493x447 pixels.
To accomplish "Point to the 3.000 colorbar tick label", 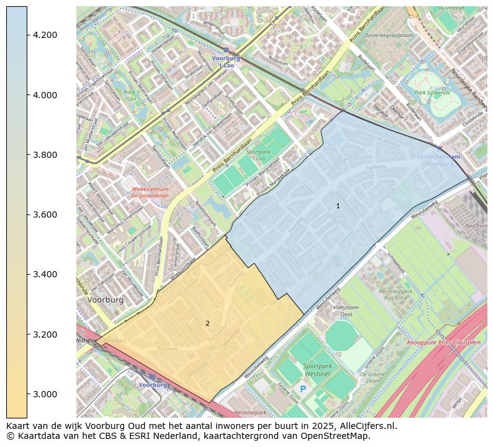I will [45, 394].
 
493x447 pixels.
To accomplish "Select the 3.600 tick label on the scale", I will [45, 214].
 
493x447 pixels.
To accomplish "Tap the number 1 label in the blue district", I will [338, 206].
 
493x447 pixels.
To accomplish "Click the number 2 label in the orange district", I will [207, 323].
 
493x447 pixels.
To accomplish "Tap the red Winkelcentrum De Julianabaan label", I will [150, 192].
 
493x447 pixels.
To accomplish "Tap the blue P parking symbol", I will [303, 389].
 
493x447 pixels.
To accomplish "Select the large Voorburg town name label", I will [106, 300].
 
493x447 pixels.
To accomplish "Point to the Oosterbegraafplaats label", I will [389, 35].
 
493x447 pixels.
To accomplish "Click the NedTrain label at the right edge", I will [476, 226].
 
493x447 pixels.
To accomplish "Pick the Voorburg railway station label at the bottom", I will [153, 385].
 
